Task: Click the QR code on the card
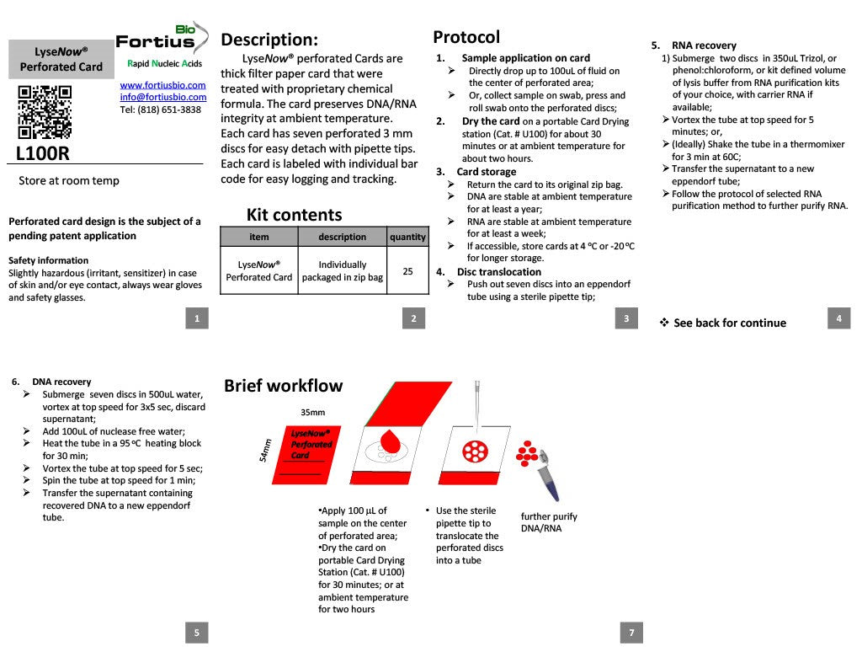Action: coord(45,113)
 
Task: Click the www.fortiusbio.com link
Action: coord(162,85)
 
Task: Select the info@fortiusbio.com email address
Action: coord(162,97)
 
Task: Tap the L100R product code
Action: coord(42,153)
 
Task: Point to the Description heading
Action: coord(269,40)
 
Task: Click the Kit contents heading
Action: coord(294,215)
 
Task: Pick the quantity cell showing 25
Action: coord(407,271)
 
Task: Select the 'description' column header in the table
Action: coord(343,237)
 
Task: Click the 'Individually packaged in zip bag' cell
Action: coord(343,270)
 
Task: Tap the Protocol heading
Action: coord(466,37)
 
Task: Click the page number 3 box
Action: coord(626,318)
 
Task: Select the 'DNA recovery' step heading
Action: coord(61,382)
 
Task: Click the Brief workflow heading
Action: coord(283,386)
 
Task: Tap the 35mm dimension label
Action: coord(312,413)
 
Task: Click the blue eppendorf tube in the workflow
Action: coord(548,477)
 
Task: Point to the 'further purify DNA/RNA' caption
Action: coord(549,522)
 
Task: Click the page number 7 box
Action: coord(631,633)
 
